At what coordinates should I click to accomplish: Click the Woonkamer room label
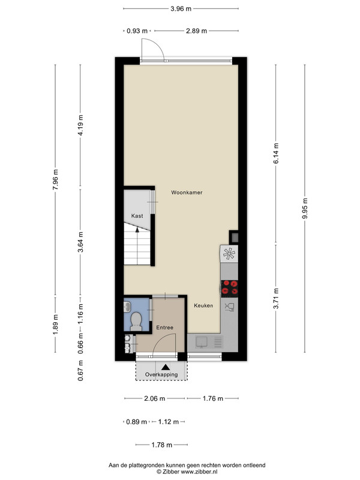tap(187, 193)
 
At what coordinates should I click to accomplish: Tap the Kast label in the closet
tap(137, 216)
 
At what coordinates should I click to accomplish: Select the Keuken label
tap(203, 305)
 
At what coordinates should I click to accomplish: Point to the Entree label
tap(164, 328)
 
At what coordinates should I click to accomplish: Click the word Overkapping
tap(161, 374)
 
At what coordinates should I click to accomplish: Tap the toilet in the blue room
tap(136, 321)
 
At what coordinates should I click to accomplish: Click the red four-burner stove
tap(229, 289)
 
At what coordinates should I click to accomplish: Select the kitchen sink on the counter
tap(202, 342)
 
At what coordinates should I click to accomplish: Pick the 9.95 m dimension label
tap(305, 208)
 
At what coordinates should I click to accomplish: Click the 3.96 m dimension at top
tap(181, 8)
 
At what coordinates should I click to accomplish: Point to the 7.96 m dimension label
tap(55, 179)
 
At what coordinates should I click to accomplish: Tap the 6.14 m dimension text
tap(276, 153)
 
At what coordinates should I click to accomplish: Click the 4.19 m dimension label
tap(80, 125)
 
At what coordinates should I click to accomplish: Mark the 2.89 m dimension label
tap(197, 31)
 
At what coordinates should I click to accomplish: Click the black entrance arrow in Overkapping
tap(166, 367)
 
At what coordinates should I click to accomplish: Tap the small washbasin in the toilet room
tap(127, 306)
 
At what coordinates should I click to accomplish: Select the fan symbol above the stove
tap(229, 253)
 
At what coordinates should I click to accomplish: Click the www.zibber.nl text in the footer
tap(199, 472)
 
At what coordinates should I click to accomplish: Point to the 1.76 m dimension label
tap(213, 398)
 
